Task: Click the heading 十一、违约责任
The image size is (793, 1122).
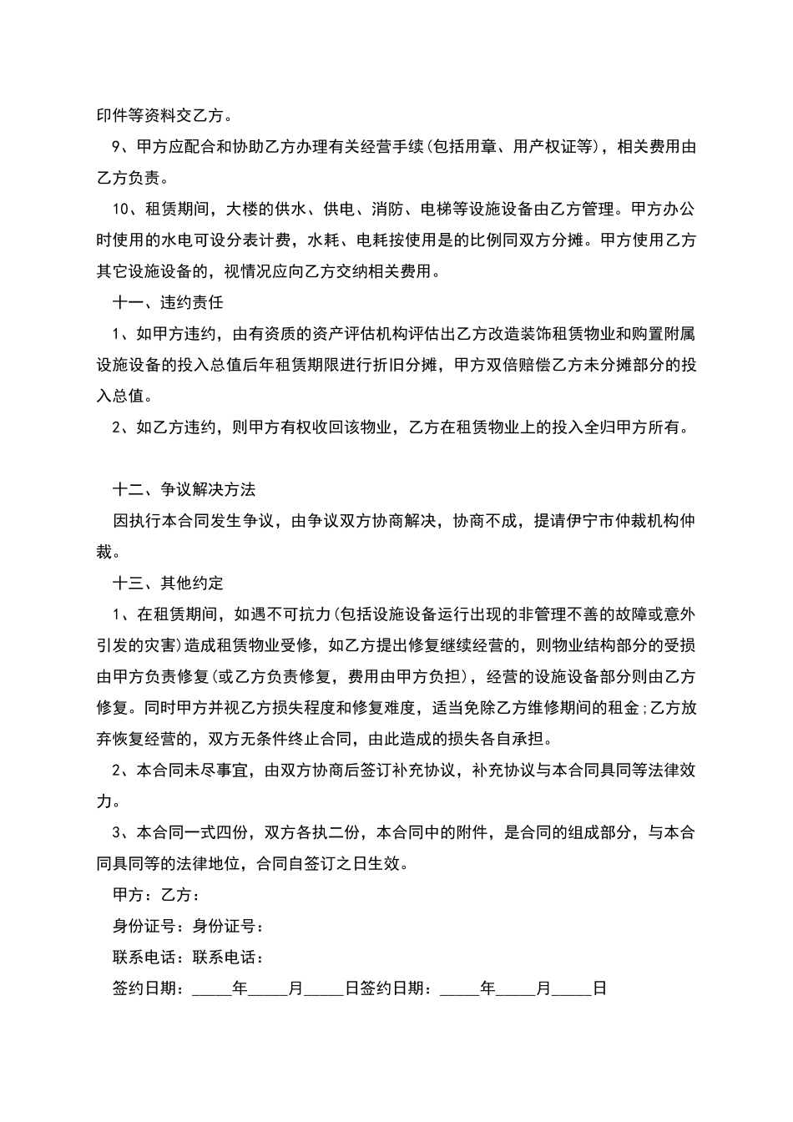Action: tap(168, 302)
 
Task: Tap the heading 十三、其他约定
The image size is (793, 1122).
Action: tap(168, 583)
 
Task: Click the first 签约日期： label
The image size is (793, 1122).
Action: tap(151, 988)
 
